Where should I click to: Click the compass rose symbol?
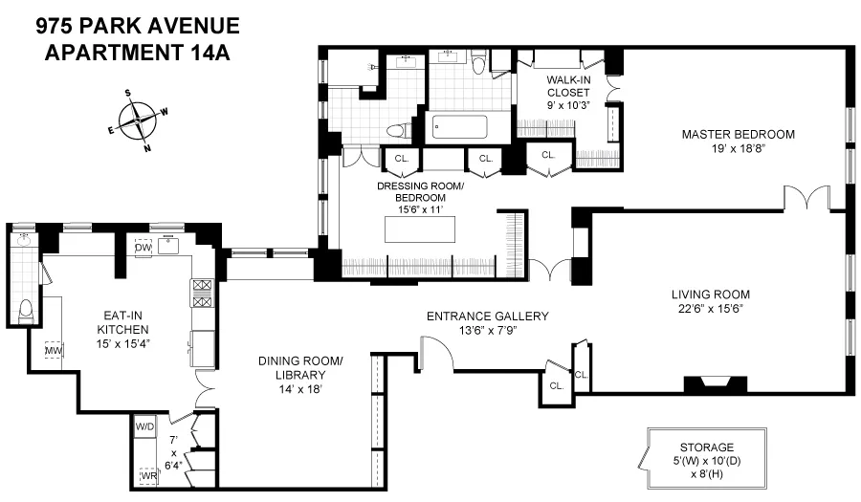pyautogui.click(x=138, y=120)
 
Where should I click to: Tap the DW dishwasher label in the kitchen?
pyautogui.click(x=143, y=248)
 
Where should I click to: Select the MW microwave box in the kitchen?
pyautogui.click(x=54, y=351)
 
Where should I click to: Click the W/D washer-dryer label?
pyautogui.click(x=144, y=426)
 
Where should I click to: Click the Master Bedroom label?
pyautogui.click(x=738, y=134)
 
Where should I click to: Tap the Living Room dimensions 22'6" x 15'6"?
pyautogui.click(x=710, y=309)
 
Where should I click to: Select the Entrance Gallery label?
pyautogui.click(x=487, y=316)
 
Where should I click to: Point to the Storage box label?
pyautogui.click(x=706, y=447)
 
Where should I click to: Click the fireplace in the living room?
pyautogui.click(x=714, y=383)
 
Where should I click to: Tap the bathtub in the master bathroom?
pyautogui.click(x=459, y=127)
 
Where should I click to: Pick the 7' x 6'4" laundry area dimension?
pyautogui.click(x=173, y=451)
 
